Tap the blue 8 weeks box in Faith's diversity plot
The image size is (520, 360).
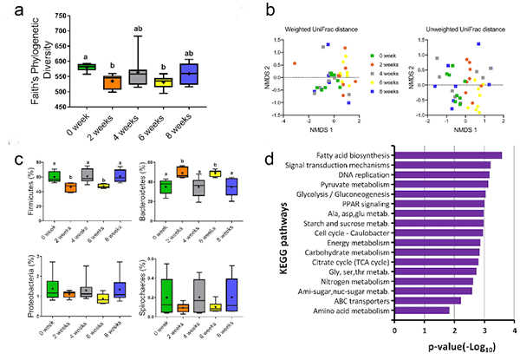(188, 74)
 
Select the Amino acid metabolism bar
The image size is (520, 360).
(423, 311)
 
